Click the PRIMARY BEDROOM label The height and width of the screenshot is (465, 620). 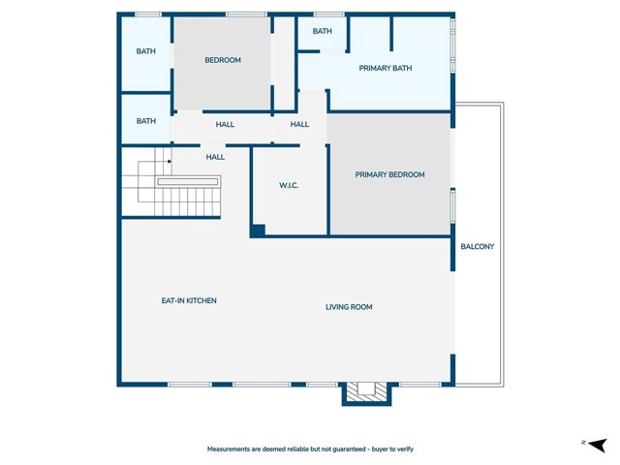pyautogui.click(x=389, y=174)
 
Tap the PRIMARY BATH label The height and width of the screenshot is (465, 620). pyautogui.click(x=385, y=68)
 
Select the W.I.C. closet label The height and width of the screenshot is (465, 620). pyautogui.click(x=289, y=185)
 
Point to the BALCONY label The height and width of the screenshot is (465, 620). pyautogui.click(x=477, y=246)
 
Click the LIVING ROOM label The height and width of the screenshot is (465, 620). pyautogui.click(x=349, y=307)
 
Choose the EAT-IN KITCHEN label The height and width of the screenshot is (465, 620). pyautogui.click(x=189, y=300)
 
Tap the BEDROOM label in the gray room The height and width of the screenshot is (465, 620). pyautogui.click(x=223, y=60)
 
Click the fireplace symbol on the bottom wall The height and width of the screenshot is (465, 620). pyautogui.click(x=366, y=390)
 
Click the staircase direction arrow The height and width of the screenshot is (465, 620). pyautogui.click(x=169, y=162)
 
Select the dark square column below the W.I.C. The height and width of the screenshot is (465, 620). pyautogui.click(x=258, y=231)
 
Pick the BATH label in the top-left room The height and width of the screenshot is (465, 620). pyautogui.click(x=145, y=51)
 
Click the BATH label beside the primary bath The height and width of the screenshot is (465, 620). pyautogui.click(x=323, y=32)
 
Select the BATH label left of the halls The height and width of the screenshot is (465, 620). pyautogui.click(x=145, y=121)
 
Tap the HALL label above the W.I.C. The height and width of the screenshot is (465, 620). pyautogui.click(x=299, y=124)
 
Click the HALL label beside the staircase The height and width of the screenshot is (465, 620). pyautogui.click(x=215, y=156)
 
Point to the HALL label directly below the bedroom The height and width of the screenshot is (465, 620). pyautogui.click(x=225, y=124)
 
